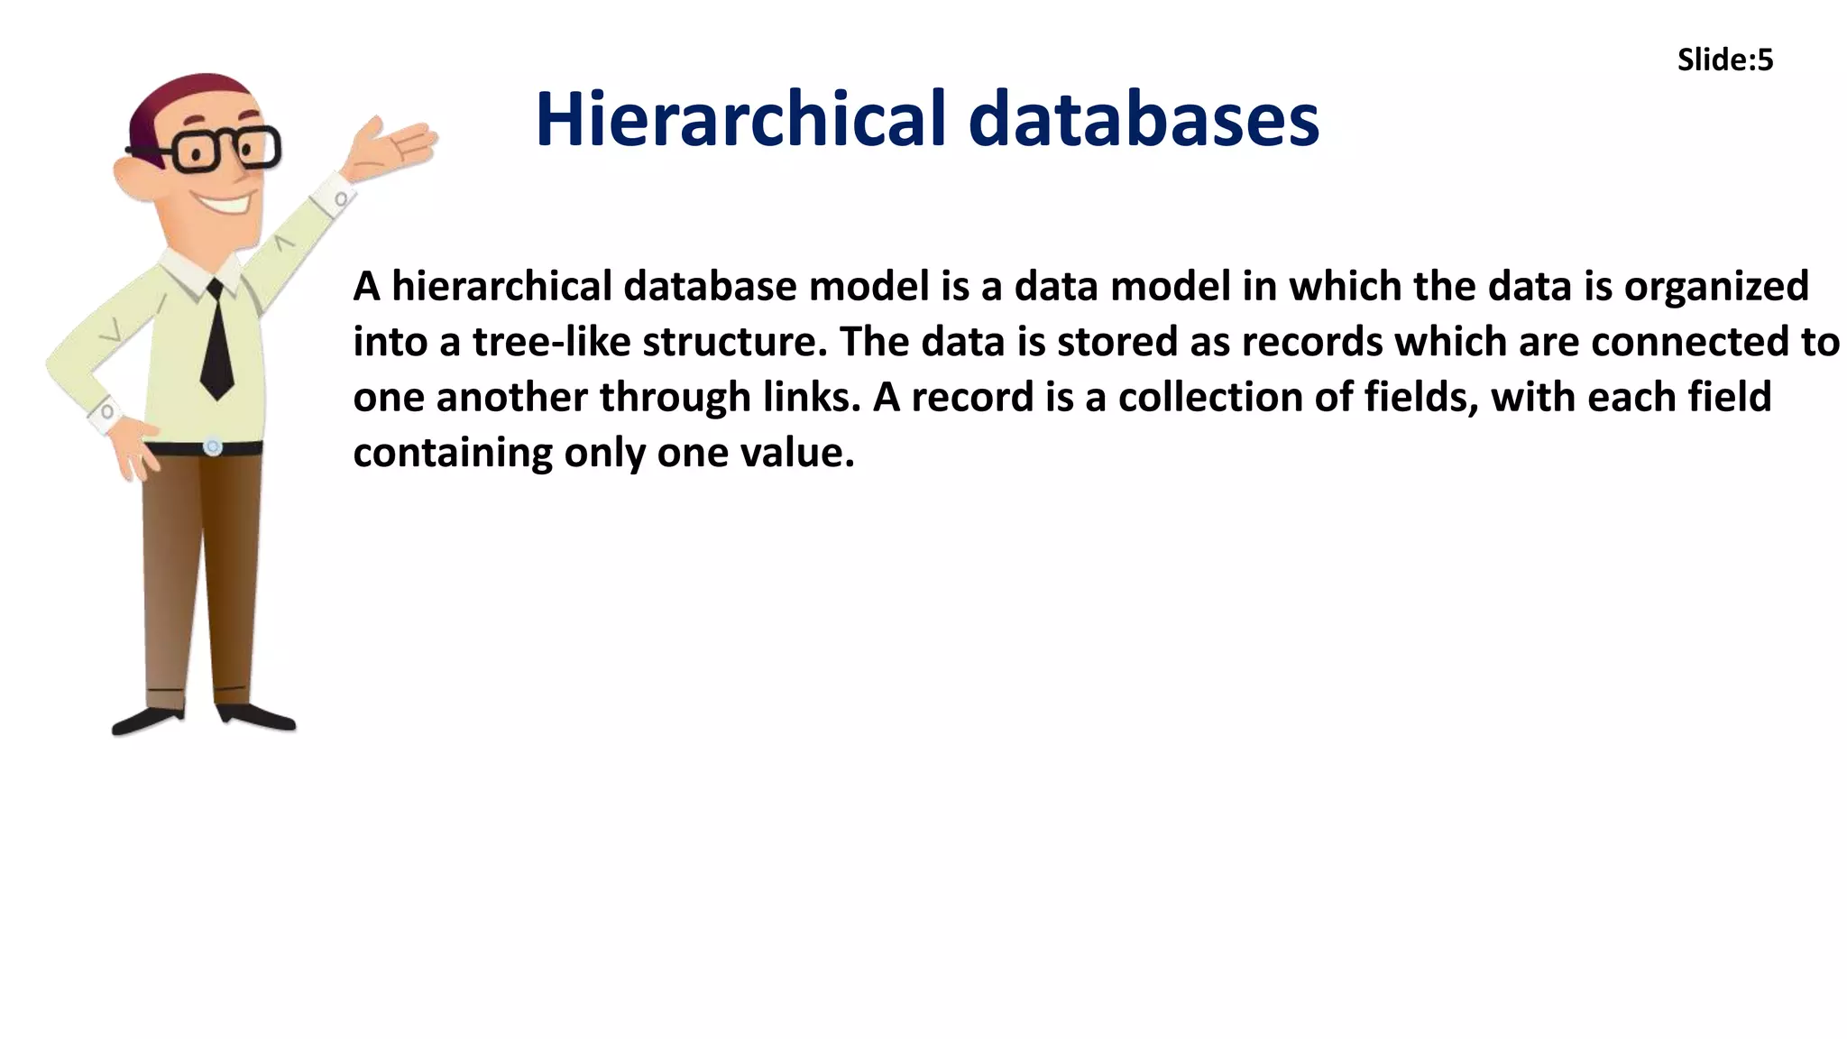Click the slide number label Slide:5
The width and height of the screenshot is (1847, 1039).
coord(1724,60)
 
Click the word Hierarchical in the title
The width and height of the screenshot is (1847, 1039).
coord(740,119)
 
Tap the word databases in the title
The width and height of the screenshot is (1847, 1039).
coord(1144,119)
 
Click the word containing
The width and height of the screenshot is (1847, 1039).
coord(452,453)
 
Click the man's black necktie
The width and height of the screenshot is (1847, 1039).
coord(216,343)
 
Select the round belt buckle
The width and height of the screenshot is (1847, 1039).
coord(213,446)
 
